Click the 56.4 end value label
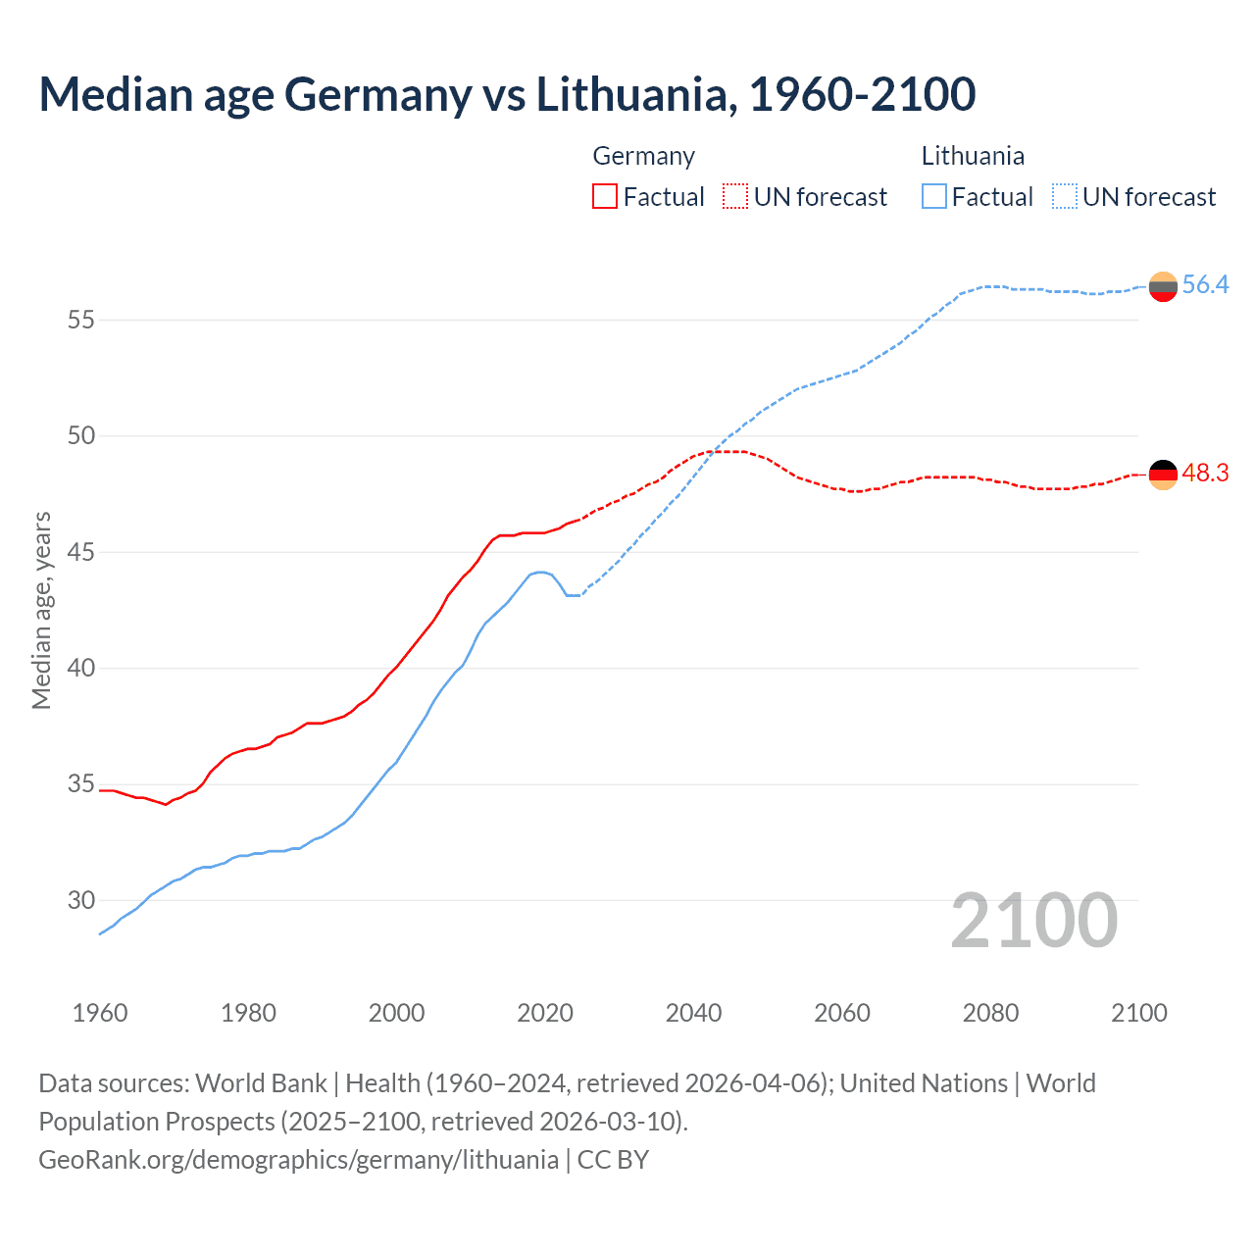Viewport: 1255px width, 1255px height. tap(1205, 285)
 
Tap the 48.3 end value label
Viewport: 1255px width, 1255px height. tap(1205, 474)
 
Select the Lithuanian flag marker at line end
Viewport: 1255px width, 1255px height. tap(1163, 286)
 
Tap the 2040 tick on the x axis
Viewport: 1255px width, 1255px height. tap(693, 1013)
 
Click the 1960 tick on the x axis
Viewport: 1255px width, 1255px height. tap(100, 1013)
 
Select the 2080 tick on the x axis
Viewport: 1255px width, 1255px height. tap(990, 1013)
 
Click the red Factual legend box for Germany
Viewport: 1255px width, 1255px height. tap(605, 197)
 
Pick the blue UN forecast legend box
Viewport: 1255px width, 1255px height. tap(1065, 197)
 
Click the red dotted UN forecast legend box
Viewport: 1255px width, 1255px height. tap(735, 197)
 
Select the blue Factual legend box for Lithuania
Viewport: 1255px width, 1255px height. tap(934, 197)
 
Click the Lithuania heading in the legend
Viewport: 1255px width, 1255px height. tap(973, 156)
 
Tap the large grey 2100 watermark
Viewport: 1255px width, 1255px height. tap(1033, 920)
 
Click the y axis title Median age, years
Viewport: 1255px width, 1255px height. tap(41, 610)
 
